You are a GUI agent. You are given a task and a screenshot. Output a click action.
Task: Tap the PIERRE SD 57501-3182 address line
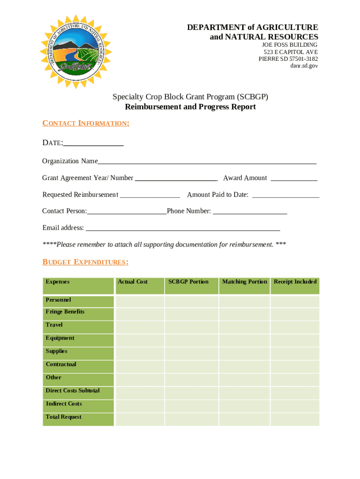[288, 59]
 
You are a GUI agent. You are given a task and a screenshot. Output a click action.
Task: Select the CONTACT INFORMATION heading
[86, 123]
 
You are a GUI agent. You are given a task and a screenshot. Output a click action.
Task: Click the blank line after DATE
[94, 144]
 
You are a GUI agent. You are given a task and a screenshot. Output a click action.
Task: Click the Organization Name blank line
[207, 162]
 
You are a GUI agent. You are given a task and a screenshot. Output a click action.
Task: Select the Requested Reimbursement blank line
[150, 196]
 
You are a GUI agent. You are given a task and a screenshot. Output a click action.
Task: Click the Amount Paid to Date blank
[285, 196]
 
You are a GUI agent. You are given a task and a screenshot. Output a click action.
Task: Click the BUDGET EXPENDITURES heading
[86, 262]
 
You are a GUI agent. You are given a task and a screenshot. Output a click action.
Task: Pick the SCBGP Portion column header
[188, 282]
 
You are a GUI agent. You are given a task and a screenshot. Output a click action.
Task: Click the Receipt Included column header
[295, 282]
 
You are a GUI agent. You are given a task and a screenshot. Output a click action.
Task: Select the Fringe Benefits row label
[65, 312]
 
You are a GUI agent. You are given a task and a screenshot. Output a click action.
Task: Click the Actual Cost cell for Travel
[139, 327]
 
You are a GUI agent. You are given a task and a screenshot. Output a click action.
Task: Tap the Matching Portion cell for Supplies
[244, 353]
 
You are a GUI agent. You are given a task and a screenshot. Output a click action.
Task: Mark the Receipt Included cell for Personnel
[295, 301]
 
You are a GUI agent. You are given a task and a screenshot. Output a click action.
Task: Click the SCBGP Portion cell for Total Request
[191, 419]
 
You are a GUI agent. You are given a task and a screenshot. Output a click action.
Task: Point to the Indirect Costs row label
[64, 404]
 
